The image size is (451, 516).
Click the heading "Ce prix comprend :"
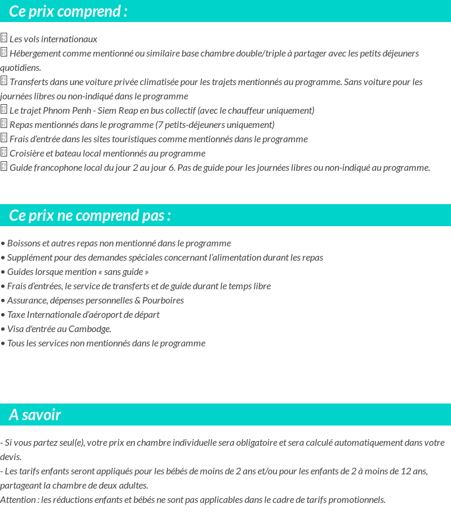[x=68, y=11]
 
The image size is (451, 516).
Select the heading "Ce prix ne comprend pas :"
[x=90, y=215]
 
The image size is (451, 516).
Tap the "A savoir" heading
[x=35, y=415]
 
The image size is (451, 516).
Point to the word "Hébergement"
[x=35, y=54]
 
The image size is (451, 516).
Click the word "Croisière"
[x=27, y=154]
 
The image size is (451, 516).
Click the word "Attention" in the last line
[x=18, y=500]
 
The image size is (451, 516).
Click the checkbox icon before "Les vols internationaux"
[x=4, y=38]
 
